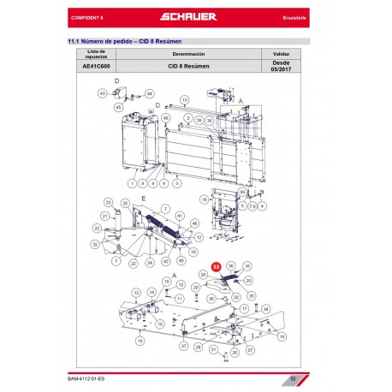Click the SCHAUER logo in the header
(x=196, y=17)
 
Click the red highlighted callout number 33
(x=216, y=267)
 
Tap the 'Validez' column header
(x=281, y=52)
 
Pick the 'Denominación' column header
(x=190, y=52)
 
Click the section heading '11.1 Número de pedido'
(x=128, y=40)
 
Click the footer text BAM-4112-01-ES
(x=89, y=377)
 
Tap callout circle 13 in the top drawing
(x=184, y=99)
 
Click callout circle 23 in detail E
(x=108, y=202)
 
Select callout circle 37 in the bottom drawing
(x=183, y=346)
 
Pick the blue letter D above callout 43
(x=117, y=81)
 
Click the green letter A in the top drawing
(x=241, y=100)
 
